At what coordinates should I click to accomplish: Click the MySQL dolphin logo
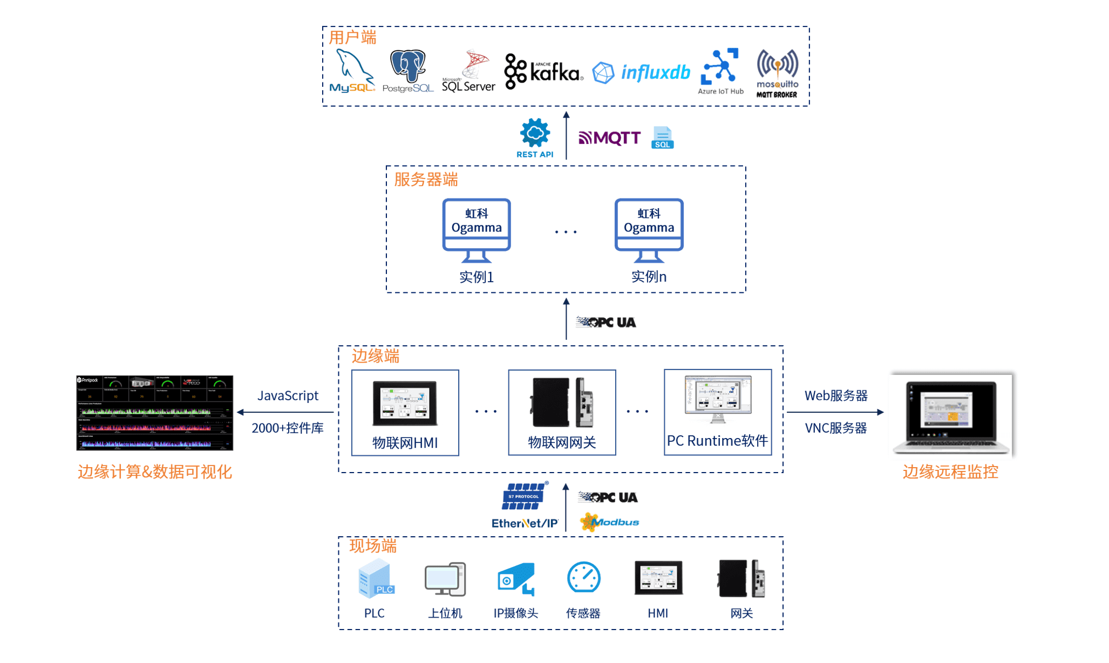click(x=352, y=71)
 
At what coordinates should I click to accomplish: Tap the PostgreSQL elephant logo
click(x=408, y=70)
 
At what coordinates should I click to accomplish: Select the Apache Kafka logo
click(x=543, y=72)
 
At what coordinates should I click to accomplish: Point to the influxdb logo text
click(x=655, y=72)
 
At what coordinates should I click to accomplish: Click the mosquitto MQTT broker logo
click(x=777, y=72)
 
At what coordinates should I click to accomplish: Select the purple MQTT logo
click(x=609, y=138)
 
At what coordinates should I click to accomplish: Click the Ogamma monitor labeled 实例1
click(x=477, y=230)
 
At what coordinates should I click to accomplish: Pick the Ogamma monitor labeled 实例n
click(x=649, y=230)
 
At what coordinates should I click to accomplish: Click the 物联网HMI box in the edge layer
click(x=405, y=413)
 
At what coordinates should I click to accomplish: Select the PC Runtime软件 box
click(x=718, y=412)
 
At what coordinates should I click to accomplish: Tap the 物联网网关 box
click(x=562, y=413)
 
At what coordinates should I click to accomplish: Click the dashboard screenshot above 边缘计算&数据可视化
click(x=155, y=413)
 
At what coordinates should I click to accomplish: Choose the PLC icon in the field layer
click(x=376, y=579)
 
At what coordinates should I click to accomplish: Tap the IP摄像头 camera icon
click(x=516, y=579)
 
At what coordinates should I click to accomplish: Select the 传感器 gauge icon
click(x=583, y=578)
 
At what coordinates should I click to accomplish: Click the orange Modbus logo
click(x=609, y=522)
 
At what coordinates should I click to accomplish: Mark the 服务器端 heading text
click(x=426, y=180)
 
